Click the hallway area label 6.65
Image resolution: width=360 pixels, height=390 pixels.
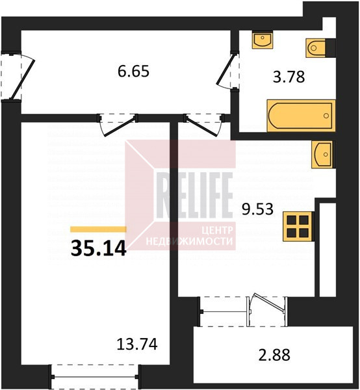click(133, 71)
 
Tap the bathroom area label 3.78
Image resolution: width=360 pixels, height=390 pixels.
click(289, 77)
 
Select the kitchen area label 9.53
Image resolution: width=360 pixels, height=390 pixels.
click(257, 209)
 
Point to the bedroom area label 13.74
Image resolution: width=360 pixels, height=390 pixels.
click(137, 344)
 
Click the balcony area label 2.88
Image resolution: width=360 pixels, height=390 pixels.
click(274, 355)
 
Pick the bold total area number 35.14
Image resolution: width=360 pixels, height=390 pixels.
click(99, 249)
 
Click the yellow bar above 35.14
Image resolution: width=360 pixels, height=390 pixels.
click(98, 229)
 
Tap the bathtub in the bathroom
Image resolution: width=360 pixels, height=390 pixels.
click(301, 116)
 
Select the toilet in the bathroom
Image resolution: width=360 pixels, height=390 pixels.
click(316, 48)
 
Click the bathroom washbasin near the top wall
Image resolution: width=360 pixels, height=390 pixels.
click(263, 40)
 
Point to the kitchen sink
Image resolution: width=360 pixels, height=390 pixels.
click(322, 154)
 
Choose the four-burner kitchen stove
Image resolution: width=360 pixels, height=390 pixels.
click(298, 226)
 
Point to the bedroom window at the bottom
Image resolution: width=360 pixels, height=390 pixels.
click(94, 377)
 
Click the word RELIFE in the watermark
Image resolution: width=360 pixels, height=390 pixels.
click(194, 195)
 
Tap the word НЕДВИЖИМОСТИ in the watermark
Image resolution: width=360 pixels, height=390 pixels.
click(190, 241)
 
